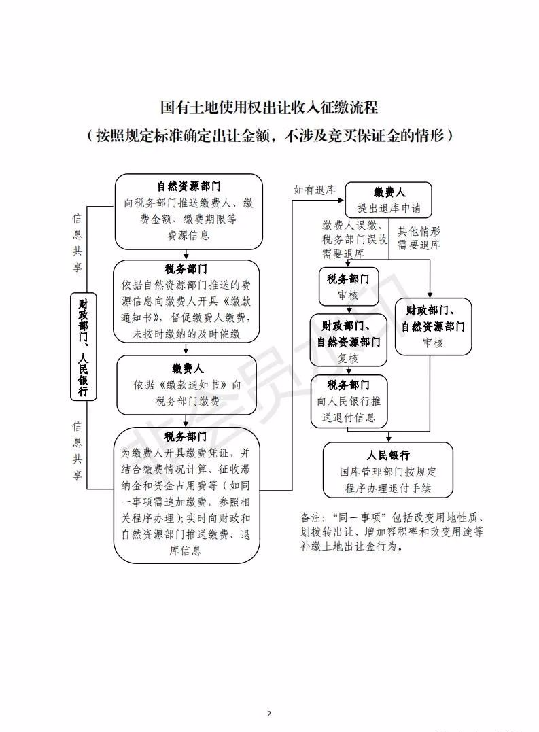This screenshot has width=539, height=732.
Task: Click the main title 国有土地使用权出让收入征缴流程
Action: (x=269, y=107)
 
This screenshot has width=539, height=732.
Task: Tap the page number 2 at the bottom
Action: (x=269, y=714)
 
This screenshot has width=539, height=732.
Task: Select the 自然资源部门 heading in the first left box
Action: (x=188, y=186)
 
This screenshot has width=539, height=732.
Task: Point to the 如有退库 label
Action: (x=314, y=190)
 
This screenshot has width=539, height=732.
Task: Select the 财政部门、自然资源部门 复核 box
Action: (x=348, y=340)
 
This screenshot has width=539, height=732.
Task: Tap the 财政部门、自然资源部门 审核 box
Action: (x=433, y=326)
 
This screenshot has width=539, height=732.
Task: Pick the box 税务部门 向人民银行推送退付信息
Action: (x=349, y=400)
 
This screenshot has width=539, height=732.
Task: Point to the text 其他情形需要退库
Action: (x=419, y=238)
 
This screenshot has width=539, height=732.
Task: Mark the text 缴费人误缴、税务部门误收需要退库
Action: (x=354, y=239)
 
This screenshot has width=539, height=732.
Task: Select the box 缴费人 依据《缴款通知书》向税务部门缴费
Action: (x=187, y=385)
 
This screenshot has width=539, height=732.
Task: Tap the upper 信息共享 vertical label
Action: (x=77, y=243)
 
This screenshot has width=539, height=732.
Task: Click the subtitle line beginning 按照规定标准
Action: (x=269, y=135)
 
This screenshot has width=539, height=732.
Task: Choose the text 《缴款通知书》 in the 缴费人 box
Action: (x=193, y=385)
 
